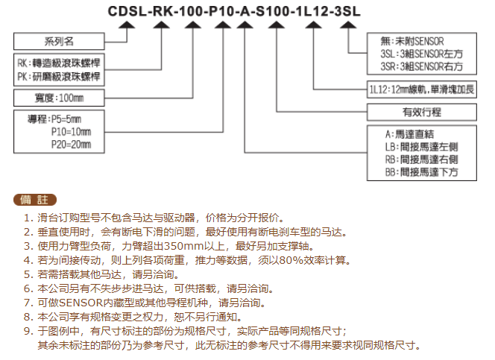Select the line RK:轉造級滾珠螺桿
(59, 63)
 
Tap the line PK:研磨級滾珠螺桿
(59, 76)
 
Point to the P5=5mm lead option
(66, 119)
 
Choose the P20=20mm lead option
(71, 145)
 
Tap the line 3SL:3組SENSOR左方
(421, 54)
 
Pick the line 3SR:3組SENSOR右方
(421, 66)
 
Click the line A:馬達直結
(409, 134)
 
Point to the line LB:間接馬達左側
(421, 147)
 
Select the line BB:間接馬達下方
(421, 172)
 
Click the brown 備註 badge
(35, 200)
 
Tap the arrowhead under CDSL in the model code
(127, 25)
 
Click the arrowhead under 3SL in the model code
(348, 25)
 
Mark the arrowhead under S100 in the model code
(277, 25)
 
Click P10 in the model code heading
(221, 11)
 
